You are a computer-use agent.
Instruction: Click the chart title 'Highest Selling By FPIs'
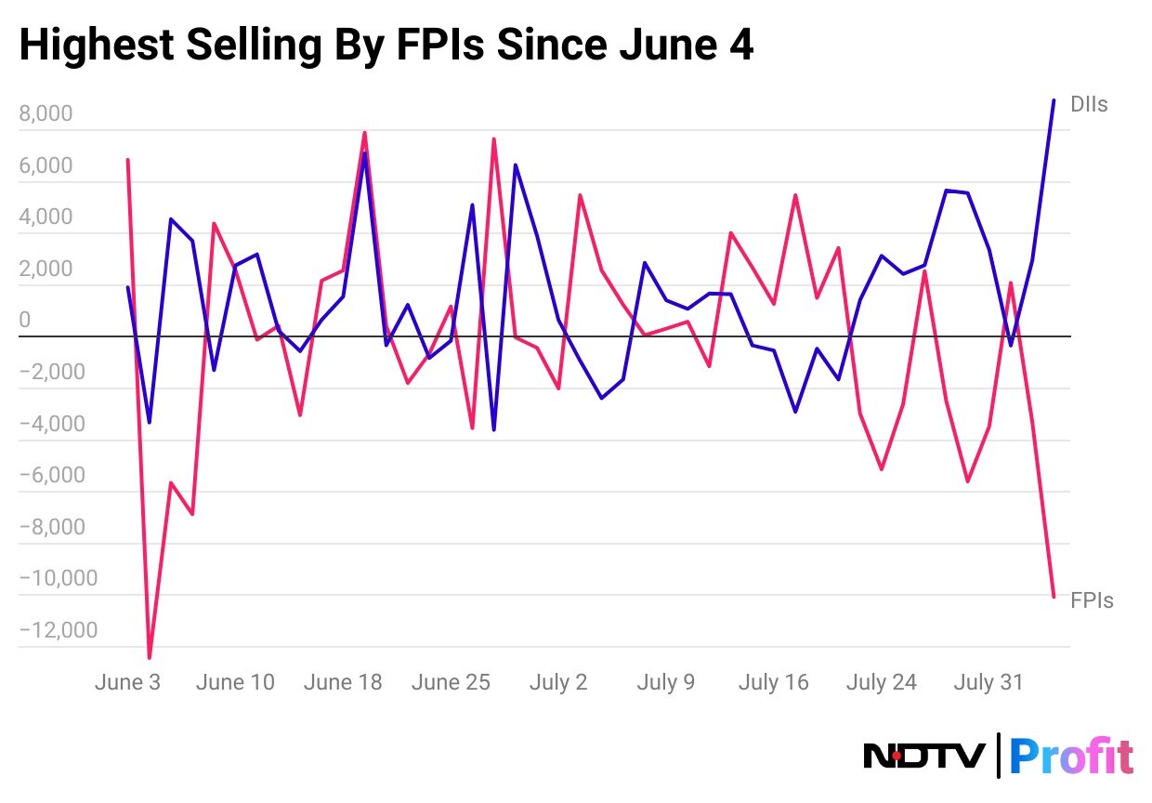point(386,46)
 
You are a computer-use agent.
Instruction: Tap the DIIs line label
point(1089,104)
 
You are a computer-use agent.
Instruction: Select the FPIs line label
point(1092,600)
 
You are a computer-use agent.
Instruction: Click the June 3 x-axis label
point(127,682)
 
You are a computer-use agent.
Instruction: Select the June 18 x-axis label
point(343,682)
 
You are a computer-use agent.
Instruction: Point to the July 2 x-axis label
point(558,682)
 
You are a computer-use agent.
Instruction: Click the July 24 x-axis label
point(882,682)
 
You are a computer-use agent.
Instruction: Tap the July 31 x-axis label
point(988,682)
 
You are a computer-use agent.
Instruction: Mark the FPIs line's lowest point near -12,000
point(150,657)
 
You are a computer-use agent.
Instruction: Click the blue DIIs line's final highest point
point(1053,100)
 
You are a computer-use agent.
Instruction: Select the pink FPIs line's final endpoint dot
point(1053,596)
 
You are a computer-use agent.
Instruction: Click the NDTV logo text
point(924,756)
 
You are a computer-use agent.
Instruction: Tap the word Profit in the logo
point(1071,756)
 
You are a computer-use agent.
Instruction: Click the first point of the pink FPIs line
point(127,160)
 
